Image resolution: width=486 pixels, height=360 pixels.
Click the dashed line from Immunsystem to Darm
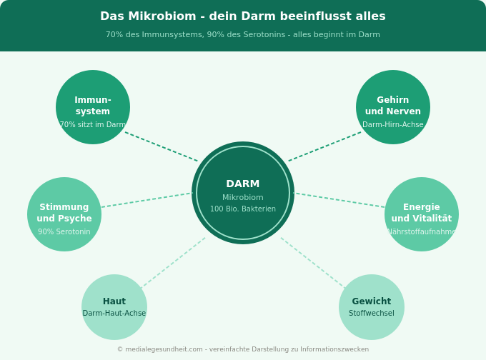162,146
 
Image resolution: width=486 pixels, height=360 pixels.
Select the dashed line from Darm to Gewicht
312,263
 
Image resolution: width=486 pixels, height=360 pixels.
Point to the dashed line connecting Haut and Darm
174,263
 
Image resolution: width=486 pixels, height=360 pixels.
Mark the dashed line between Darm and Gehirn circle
324,146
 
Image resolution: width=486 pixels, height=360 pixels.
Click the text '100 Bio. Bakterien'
243,209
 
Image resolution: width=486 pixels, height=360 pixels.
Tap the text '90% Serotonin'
64,232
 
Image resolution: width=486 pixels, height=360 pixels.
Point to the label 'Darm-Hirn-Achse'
393,125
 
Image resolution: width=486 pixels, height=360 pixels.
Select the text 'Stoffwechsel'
372,314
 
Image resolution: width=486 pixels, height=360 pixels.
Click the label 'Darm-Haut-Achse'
114,314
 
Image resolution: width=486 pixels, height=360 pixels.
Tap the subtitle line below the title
243,35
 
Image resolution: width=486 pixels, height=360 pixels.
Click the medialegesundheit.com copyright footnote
243,349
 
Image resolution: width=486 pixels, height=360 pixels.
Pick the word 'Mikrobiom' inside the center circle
243,198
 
